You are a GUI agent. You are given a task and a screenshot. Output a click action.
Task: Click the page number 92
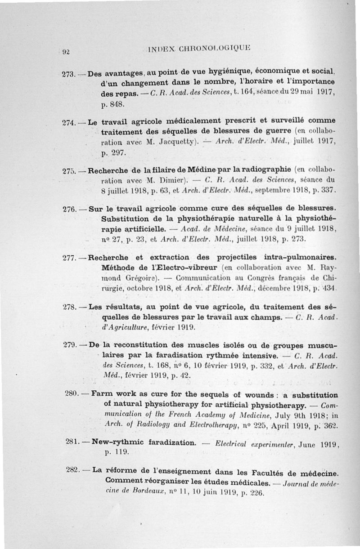point(65,51)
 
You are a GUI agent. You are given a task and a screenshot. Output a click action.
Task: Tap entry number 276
point(69,209)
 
